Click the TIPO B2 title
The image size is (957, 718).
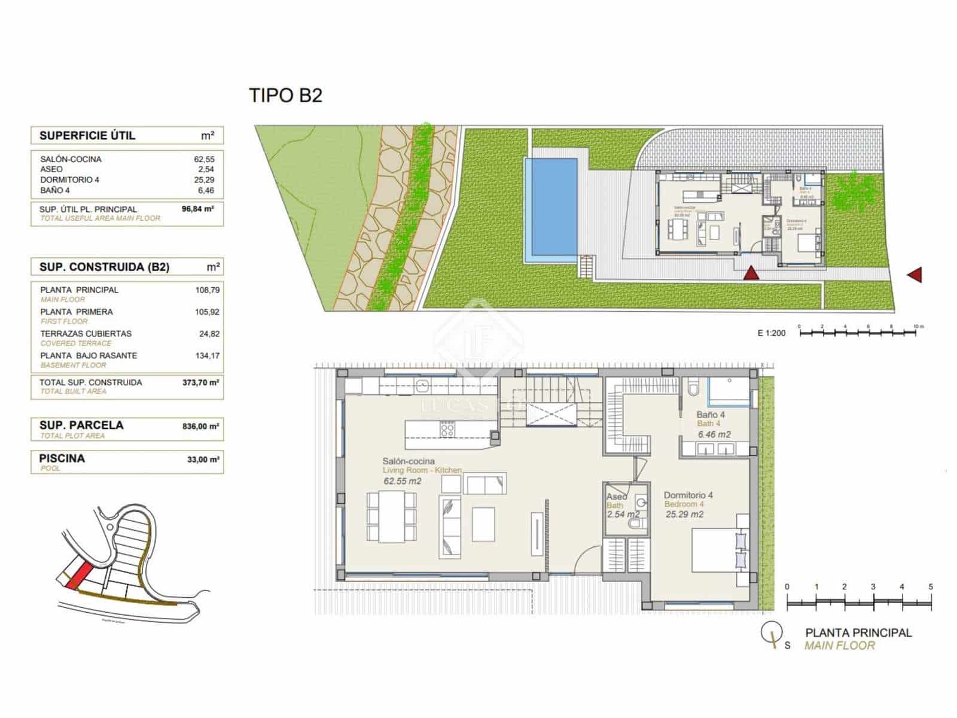(285, 96)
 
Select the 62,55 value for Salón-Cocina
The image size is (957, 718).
(204, 159)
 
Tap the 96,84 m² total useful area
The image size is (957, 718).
(197, 209)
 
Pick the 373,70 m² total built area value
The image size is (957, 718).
(200, 382)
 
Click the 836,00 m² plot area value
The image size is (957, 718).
(200, 427)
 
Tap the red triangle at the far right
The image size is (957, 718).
(915, 275)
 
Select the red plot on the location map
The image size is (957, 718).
(78, 575)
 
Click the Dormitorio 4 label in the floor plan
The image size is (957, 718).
(688, 495)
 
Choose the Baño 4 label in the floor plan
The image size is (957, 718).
(711, 415)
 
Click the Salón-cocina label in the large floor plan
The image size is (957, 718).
(409, 461)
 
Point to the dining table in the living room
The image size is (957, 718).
(391, 516)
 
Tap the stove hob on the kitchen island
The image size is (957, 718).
(447, 428)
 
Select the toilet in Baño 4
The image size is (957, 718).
(693, 388)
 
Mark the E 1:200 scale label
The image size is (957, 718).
(772, 333)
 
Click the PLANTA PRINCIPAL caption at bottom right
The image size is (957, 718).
(858, 632)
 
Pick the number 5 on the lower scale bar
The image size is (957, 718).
(930, 587)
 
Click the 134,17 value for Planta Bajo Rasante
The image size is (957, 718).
(207, 355)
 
